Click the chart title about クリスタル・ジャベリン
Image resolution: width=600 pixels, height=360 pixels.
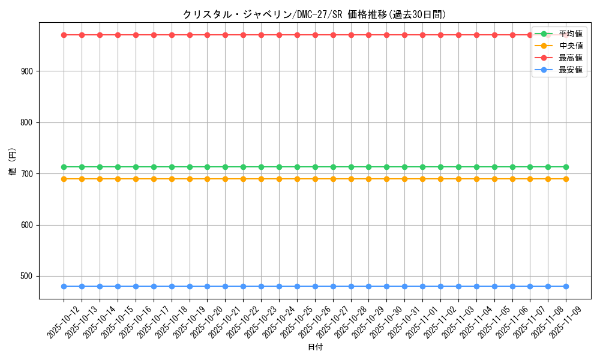coord(315,14)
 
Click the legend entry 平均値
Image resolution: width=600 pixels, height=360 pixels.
coord(570,34)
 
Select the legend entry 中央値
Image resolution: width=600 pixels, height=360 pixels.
coord(570,46)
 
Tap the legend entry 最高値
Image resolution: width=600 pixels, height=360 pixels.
coord(570,58)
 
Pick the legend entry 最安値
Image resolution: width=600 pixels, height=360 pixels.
coord(570,70)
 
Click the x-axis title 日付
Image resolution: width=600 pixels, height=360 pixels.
coord(315,347)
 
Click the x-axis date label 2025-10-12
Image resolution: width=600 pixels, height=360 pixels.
coord(64,323)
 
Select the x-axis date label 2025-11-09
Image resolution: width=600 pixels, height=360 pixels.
coord(566,323)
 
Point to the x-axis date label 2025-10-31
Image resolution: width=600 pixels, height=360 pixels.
coord(404,323)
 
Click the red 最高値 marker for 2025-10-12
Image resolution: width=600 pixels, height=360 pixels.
coord(64,35)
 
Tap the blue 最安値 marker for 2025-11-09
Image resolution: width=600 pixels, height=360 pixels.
coord(566,286)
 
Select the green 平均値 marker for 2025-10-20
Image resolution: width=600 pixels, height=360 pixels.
coord(207,167)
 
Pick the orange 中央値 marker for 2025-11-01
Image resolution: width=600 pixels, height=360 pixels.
coord(422,179)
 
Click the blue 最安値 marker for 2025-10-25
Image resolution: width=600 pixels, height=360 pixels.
coord(297,286)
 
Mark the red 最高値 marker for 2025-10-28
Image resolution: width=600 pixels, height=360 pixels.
coord(351,35)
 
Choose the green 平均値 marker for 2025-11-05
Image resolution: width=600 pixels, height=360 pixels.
coord(494,167)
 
